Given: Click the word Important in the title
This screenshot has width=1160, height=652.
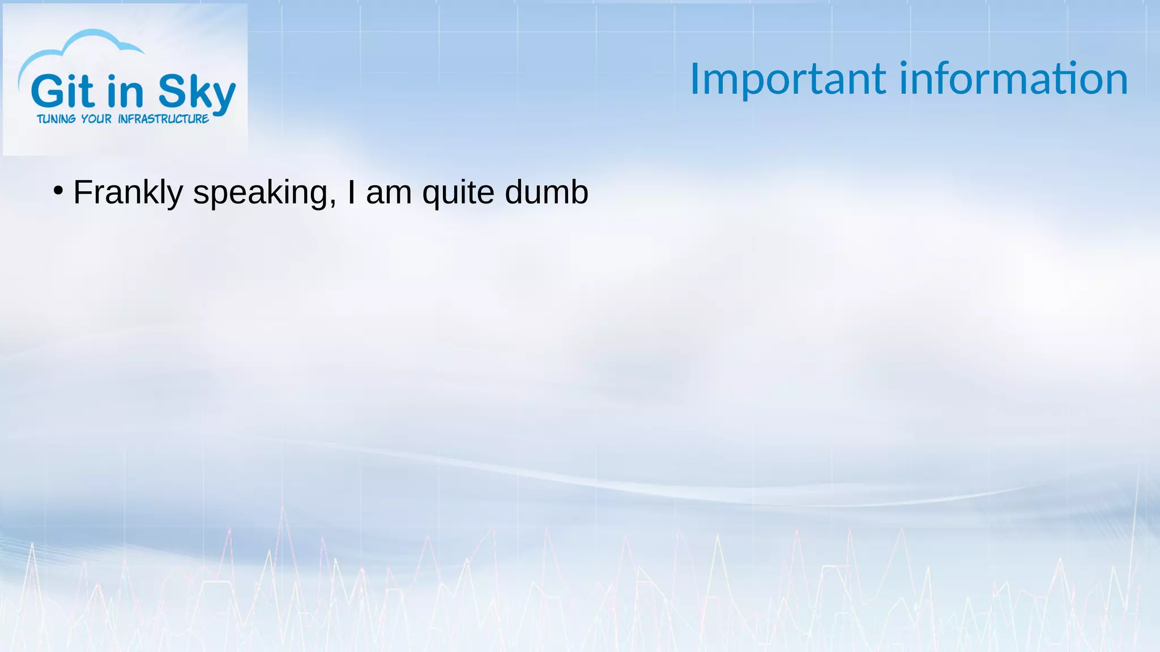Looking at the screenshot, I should [788, 80].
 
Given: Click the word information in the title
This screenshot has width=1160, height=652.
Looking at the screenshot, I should [1014, 79].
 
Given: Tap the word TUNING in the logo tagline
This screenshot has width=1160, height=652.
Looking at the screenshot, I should [56, 119].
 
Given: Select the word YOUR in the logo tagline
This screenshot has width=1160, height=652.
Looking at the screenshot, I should [96, 119].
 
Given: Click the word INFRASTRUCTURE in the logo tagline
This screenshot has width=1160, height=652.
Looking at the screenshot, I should [163, 119].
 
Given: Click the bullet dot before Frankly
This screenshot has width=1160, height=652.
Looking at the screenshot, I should [58, 191].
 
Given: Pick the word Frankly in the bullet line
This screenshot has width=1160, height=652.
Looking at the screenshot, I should [128, 192].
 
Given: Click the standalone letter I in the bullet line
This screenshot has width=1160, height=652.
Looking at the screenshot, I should [352, 192].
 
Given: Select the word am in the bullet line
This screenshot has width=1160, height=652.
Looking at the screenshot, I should [389, 193].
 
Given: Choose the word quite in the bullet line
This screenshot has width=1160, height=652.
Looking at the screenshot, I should [458, 193].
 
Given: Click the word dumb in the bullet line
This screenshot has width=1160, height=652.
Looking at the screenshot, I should [547, 192].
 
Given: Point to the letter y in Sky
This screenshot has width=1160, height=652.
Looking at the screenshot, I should [222, 96].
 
